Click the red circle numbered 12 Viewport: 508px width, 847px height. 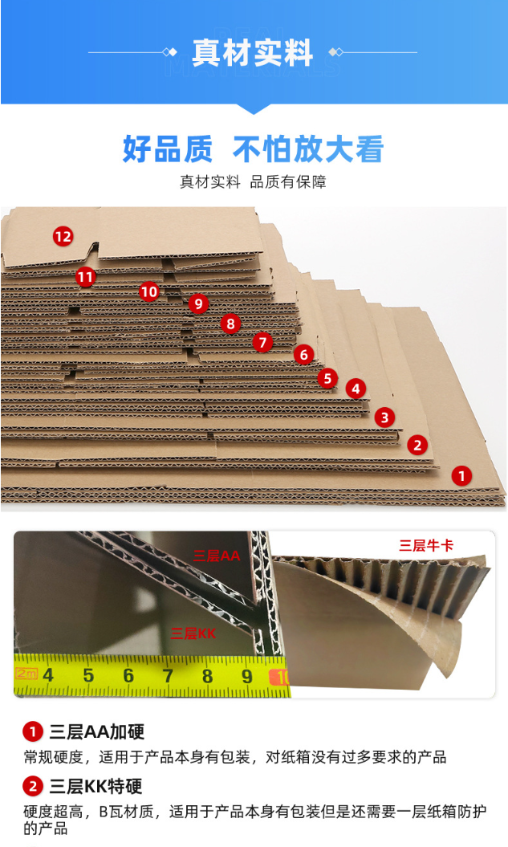pos(63,236)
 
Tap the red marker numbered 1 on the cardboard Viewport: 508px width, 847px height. pos(461,476)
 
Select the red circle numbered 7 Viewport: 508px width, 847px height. pos(263,342)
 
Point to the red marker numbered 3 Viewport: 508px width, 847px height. pos(385,417)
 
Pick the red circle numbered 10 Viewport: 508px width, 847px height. pos(149,292)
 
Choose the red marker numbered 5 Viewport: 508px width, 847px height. pos(327,378)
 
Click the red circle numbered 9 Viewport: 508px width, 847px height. pos(199,303)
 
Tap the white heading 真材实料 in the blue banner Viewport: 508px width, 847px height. pos(253,53)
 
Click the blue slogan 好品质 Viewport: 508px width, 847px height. pos(168,149)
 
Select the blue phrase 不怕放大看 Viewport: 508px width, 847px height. pos(308,149)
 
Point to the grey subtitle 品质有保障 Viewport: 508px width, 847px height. pos(288,182)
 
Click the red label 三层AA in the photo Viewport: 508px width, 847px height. pos(216,556)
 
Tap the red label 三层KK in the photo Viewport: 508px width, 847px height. pos(193,633)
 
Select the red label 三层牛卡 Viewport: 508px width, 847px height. pos(426,546)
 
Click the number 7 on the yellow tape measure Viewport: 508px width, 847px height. pos(168,675)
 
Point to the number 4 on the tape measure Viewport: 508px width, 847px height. pos(49,674)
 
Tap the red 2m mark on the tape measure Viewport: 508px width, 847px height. pos(26,673)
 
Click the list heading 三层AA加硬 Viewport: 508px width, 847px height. pos(97,732)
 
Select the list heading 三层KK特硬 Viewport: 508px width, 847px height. pos(96,786)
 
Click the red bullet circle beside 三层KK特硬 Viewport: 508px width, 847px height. pos(33,786)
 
